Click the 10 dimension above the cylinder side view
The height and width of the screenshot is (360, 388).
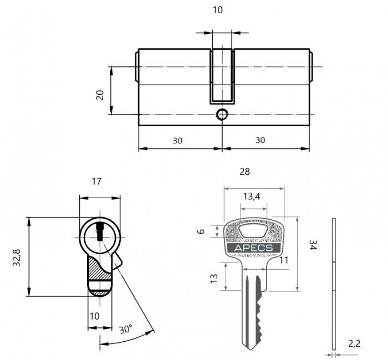point(218,11)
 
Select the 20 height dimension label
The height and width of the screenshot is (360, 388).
point(100,94)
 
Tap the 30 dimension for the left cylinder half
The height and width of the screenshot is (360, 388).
point(177,141)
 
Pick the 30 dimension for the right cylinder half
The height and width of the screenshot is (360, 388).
point(260,141)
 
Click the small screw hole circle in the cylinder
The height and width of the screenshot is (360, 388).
point(222,115)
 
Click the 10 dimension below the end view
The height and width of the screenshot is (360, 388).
point(95,316)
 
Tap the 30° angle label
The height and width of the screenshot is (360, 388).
point(125,328)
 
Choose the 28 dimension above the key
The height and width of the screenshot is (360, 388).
point(244,172)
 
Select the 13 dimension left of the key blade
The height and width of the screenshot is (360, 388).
point(214,277)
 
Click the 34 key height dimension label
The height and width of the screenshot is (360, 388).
point(313,245)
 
